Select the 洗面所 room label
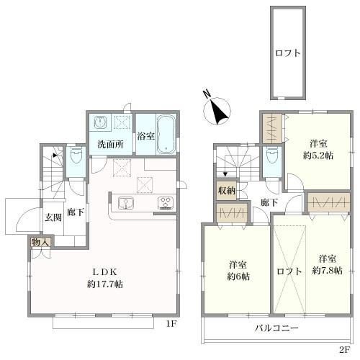[110, 143]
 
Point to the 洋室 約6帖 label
[238, 269]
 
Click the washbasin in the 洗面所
[101, 122]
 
